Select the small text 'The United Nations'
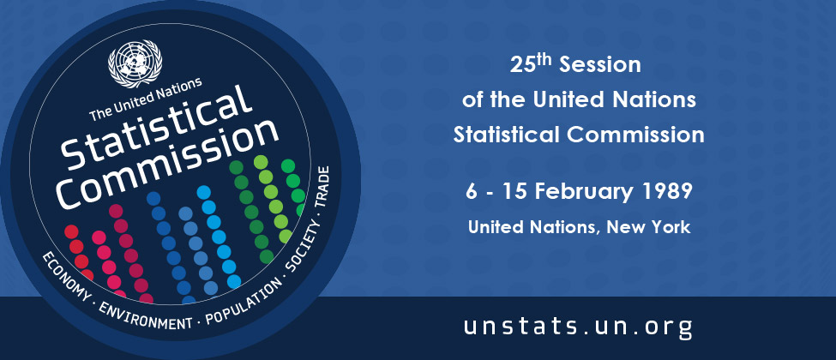pyautogui.click(x=145, y=99)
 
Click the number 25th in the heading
pyautogui.click(x=532, y=64)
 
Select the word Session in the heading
pyautogui.click(x=600, y=65)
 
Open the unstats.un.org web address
pyautogui.click(x=578, y=327)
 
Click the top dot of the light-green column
pyautogui.click(x=261, y=162)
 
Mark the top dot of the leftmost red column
pyautogui.click(x=71, y=231)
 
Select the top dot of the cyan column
pyautogui.click(x=204, y=192)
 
